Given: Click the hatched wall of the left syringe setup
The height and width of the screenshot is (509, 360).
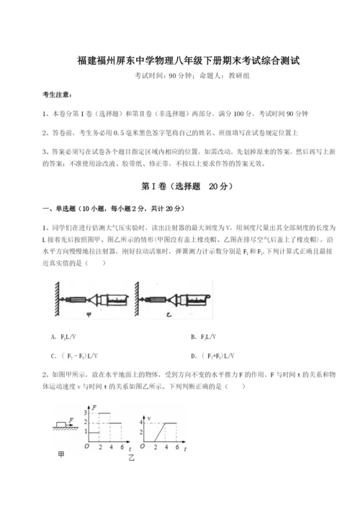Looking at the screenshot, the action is pyautogui.click(x=57, y=296).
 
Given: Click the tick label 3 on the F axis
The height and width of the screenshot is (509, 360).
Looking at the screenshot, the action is pyautogui.click(x=87, y=413).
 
